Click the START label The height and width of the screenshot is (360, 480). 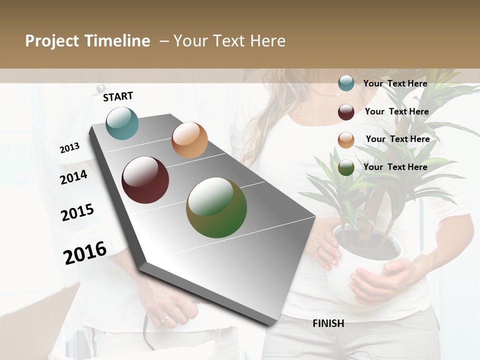click(118, 96)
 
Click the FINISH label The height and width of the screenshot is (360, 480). click(328, 323)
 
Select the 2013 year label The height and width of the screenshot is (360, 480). click(69, 147)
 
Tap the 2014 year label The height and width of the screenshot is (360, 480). click(73, 177)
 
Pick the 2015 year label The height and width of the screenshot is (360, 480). click(77, 212)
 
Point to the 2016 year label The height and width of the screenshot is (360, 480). click(85, 252)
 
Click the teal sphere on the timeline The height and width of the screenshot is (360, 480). click(122, 123)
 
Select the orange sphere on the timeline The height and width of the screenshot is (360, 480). click(189, 140)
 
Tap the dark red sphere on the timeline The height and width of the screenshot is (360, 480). click(145, 180)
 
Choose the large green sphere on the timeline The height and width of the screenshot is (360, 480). click(216, 207)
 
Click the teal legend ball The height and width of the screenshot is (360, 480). click(346, 83)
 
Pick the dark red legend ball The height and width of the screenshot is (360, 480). click(346, 112)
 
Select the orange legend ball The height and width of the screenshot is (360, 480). click(346, 140)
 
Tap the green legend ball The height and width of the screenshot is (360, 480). click(346, 168)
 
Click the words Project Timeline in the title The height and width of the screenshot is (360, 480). click(87, 41)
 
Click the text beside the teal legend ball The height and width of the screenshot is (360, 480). click(395, 83)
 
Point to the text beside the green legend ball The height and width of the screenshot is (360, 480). click(395, 167)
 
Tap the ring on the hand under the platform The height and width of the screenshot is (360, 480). click(164, 318)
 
